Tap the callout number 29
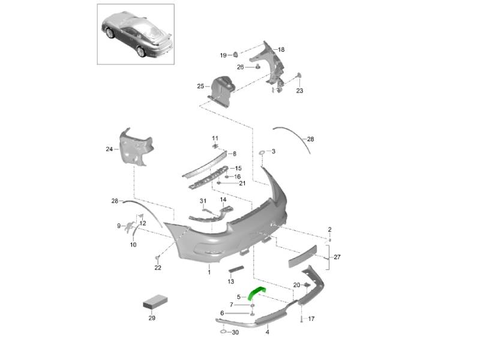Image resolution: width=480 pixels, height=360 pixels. click(151, 317)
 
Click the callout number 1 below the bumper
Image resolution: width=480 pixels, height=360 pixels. click(209, 272)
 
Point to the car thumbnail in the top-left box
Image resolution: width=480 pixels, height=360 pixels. click(136, 34)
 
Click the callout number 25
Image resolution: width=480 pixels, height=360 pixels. click(200, 86)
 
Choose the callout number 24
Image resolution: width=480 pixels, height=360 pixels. click(109, 149)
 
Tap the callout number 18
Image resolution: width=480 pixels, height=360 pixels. click(281, 49)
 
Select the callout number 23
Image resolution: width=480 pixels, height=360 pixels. click(299, 91)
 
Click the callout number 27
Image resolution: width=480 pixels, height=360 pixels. click(337, 257)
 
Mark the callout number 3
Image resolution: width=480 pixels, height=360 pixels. click(273, 152)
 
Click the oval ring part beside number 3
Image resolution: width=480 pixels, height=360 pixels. click(262, 154)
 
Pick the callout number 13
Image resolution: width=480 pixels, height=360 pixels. click(231, 281)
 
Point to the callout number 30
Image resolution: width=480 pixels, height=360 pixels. click(235, 332)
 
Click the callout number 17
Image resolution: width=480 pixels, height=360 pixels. click(311, 319)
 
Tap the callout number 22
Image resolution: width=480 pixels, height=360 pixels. click(158, 268)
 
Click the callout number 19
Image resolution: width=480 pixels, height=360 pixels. click(223, 55)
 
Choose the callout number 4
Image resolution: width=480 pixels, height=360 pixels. click(267, 332)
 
